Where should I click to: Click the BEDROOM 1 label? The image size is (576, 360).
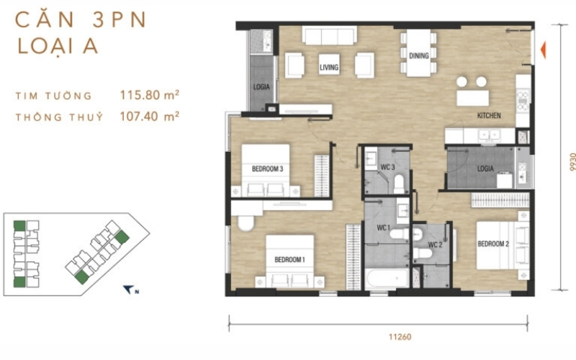coord(289,260)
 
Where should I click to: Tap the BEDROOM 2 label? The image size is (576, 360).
coord(493,244)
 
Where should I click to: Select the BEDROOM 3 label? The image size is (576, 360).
coord(267,169)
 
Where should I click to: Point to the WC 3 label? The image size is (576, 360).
coord(387,167)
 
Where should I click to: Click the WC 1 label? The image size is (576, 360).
coord(384,228)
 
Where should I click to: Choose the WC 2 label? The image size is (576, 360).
coord(435,245)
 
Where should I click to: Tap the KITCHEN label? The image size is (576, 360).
coord(489,115)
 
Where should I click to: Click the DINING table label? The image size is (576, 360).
coord(419,56)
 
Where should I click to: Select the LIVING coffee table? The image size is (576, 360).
coord(329,64)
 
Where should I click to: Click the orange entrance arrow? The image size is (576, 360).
coord(543,50)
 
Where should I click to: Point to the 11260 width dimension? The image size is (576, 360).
coord(400,336)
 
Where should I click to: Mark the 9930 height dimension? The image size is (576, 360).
coord(572,161)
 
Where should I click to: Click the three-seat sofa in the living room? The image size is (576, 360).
coord(330,35)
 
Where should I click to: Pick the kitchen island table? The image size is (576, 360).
coord(472,98)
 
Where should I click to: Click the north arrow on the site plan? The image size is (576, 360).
coord(129,289)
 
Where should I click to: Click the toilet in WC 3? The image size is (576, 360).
coord(399,184)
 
